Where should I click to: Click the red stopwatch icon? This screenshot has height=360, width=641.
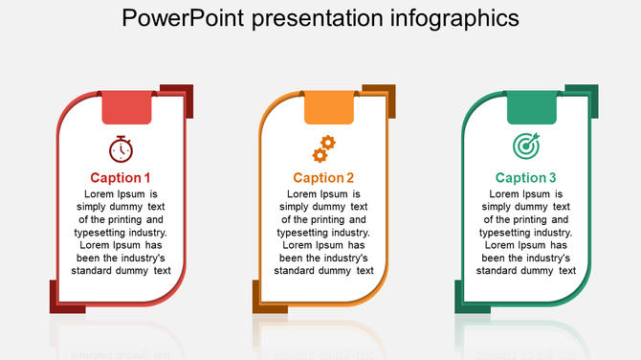point(121,148)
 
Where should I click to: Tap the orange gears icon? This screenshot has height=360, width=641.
point(323,148)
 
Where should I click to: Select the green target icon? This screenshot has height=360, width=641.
point(526,146)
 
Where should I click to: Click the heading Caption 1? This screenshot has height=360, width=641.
point(121,177)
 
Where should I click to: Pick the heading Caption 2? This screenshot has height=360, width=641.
point(323,177)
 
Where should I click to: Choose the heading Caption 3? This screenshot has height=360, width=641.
point(525,177)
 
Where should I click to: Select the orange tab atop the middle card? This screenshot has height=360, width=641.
point(329,107)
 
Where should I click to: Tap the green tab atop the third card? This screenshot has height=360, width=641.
point(532,107)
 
